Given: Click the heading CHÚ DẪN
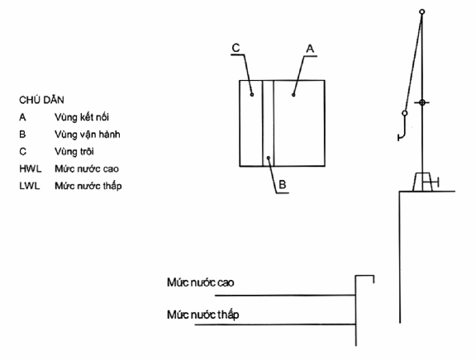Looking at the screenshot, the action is click(x=41, y=100).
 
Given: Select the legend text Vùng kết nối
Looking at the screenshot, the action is click(x=82, y=117).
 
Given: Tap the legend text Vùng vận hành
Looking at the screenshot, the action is click(x=88, y=135).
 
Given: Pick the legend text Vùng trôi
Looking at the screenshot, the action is click(x=74, y=151).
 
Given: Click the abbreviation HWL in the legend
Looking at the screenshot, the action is click(x=31, y=169).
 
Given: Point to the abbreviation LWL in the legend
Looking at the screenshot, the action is click(x=30, y=186).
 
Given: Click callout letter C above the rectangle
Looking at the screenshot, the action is click(x=236, y=48).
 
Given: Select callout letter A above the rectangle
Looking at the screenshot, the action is click(x=310, y=49).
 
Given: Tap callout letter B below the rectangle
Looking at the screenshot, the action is click(x=283, y=184).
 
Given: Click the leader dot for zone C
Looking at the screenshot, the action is click(x=252, y=95).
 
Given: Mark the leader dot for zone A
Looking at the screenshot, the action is click(x=293, y=95).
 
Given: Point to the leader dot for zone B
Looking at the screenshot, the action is click(x=268, y=158).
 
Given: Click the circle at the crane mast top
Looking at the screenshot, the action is click(x=422, y=12).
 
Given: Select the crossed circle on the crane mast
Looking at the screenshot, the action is click(x=422, y=102).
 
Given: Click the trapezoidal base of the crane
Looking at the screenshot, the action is click(x=422, y=182).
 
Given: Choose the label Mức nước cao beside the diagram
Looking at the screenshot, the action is click(x=200, y=282).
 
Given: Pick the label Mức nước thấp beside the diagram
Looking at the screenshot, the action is click(x=202, y=315).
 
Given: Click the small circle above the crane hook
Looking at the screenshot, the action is click(x=405, y=113).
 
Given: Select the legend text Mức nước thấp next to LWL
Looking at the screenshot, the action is click(x=88, y=186).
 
